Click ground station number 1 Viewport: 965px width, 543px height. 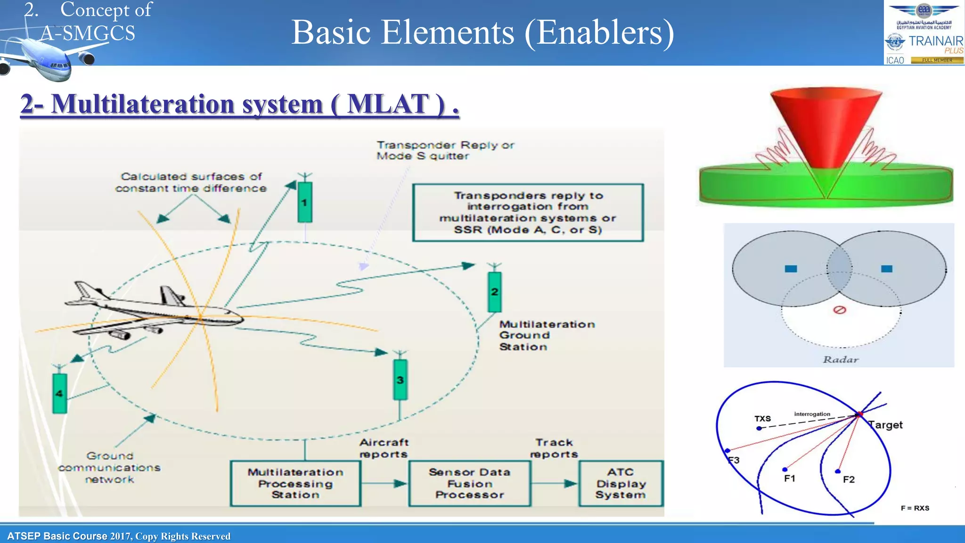click(x=305, y=203)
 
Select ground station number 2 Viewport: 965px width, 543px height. click(x=494, y=292)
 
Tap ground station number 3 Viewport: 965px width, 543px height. click(x=400, y=380)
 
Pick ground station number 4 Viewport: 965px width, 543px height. click(x=59, y=394)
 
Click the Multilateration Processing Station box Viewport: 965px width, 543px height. click(x=295, y=484)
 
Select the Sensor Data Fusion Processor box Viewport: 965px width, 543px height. click(x=470, y=484)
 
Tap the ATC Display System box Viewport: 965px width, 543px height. click(x=621, y=484)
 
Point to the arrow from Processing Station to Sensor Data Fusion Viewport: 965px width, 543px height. click(x=384, y=484)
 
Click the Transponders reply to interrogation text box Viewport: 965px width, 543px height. click(x=528, y=213)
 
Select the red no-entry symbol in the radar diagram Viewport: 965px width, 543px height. click(x=840, y=310)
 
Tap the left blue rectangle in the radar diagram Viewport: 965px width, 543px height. click(x=791, y=269)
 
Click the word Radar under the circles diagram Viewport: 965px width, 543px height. click(x=841, y=360)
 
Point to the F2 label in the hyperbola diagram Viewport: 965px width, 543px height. click(x=849, y=479)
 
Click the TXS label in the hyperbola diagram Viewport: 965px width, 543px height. click(x=762, y=419)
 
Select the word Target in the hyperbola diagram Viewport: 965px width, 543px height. click(x=886, y=425)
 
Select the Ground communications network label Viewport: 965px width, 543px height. click(x=109, y=468)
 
